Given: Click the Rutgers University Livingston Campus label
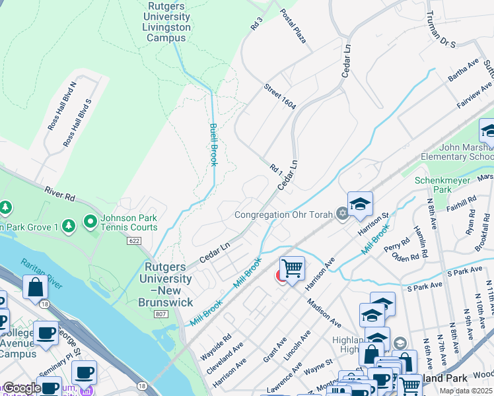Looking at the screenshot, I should click(166, 22).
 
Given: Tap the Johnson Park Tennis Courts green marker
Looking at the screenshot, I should click(88, 221).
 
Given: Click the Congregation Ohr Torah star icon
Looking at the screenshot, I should click(341, 213).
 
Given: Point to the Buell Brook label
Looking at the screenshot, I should click(213, 144).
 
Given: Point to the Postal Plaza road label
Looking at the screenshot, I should click(293, 26).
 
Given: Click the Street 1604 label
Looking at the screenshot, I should click(279, 97).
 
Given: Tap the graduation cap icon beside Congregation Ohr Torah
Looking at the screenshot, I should click(360, 204).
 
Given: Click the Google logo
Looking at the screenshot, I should click(22, 388).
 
